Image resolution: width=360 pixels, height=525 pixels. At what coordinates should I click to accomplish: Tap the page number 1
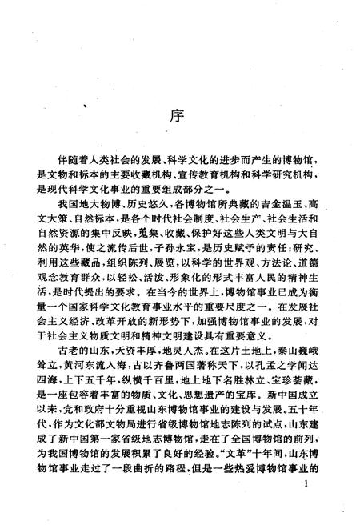(x=307, y=507)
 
